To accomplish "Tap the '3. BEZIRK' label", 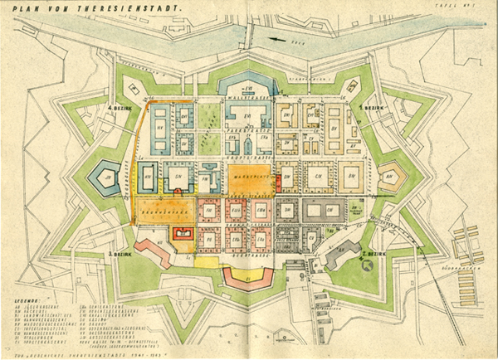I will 120,247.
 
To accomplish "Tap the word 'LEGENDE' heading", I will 26,292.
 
